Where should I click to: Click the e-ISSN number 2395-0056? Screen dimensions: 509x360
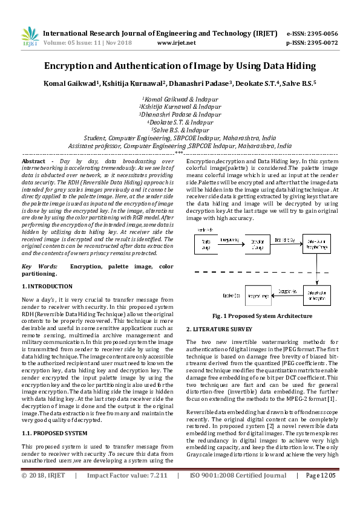324,34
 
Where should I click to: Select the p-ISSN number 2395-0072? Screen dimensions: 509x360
324,43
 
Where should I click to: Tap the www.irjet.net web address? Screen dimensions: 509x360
176,43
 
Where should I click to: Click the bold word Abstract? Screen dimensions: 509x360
33,163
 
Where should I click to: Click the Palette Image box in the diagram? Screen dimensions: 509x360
207,244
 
